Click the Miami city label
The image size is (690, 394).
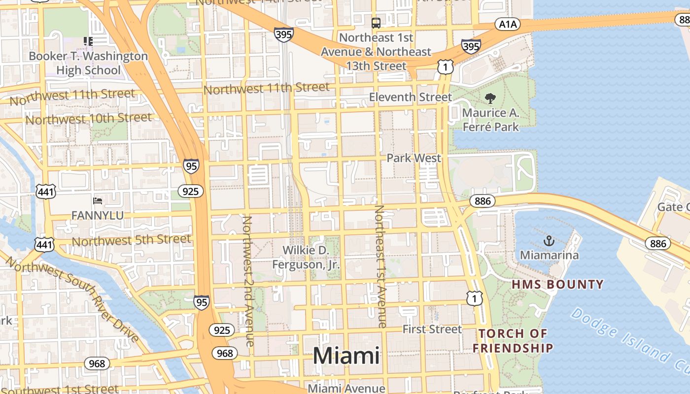(x=346, y=356)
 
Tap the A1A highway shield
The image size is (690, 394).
(x=507, y=24)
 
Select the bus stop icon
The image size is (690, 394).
(x=376, y=23)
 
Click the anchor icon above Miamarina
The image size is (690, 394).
(x=549, y=241)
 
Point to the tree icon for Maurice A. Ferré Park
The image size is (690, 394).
(x=490, y=99)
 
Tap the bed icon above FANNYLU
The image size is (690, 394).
(x=98, y=201)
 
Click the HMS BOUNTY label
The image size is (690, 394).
(x=557, y=285)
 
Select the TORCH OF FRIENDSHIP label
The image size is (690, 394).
(x=513, y=341)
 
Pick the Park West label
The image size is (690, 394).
(x=414, y=158)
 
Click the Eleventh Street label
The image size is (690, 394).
(x=410, y=97)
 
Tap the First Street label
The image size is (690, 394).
(x=432, y=329)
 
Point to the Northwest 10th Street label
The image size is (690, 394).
(x=89, y=119)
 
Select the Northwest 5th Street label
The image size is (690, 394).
(x=131, y=240)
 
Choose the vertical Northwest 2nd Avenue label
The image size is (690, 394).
(x=248, y=281)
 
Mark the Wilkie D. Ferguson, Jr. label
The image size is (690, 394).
(x=306, y=258)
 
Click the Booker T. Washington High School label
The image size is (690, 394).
(x=88, y=63)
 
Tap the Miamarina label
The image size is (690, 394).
(x=550, y=255)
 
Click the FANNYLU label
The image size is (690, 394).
(x=98, y=216)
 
